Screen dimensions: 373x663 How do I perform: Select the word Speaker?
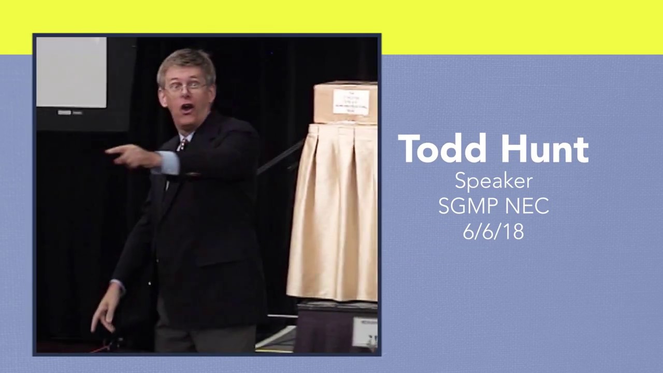pos(494,180)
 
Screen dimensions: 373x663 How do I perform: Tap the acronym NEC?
pos(528,206)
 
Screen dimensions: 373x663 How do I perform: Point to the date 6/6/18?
pos(493,231)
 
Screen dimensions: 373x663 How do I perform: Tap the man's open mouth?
pos(187,108)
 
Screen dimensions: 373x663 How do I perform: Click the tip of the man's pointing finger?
pos(108,151)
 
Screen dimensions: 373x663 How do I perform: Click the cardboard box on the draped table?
pos(345,102)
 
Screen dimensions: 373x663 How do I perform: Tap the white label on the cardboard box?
pos(351,102)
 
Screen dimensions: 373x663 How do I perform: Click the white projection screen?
pos(71,72)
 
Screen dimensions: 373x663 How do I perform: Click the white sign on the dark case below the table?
pos(365,332)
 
